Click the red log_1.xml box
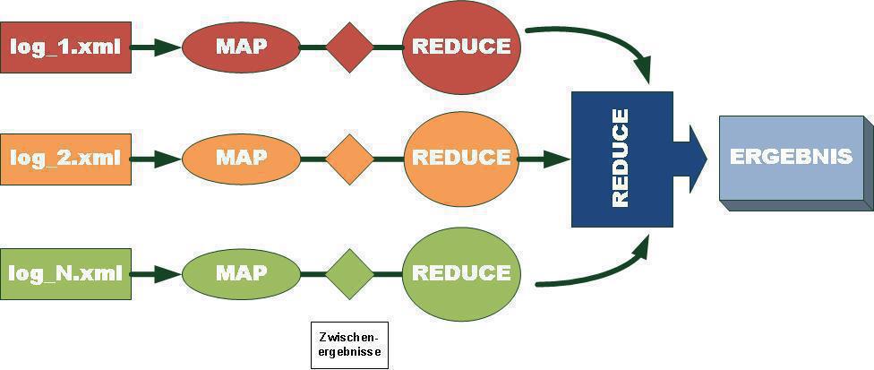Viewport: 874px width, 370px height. [66, 47]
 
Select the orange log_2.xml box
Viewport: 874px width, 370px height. [66, 159]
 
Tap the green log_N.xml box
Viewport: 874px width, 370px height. [66, 273]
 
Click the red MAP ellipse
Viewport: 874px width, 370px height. [241, 47]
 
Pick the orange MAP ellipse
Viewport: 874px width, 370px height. [241, 158]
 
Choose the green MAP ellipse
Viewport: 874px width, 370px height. [241, 272]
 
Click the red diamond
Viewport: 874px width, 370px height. [349, 47]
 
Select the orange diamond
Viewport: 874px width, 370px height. [349, 159]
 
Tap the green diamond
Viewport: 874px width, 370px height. [349, 273]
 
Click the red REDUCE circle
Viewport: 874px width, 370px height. [461, 47]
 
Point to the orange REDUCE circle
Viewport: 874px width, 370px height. [461, 158]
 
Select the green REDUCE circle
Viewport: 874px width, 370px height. [461, 272]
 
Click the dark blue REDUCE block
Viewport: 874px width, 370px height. [621, 159]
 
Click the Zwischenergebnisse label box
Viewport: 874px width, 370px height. [349, 345]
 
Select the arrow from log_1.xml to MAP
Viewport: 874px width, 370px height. [157, 47]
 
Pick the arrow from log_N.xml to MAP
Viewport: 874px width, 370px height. [157, 273]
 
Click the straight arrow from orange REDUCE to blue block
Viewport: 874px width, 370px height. [544, 159]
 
